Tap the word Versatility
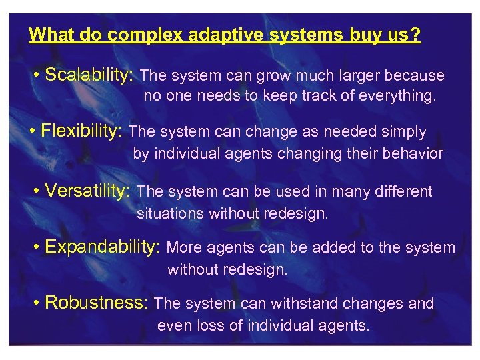pyautogui.click(x=87, y=191)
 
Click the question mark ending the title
pyautogui.click(x=417, y=35)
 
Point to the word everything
pyautogui.click(x=397, y=96)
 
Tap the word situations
pyautogui.click(x=170, y=213)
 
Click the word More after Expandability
pyautogui.click(x=185, y=248)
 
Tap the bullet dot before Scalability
pyautogui.click(x=35, y=76)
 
